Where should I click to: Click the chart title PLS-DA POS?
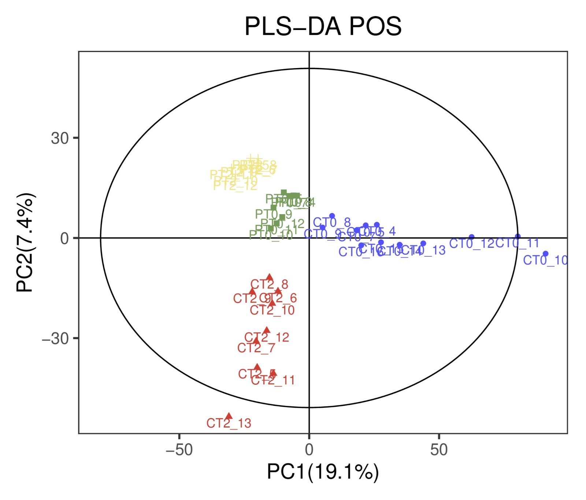coord(323,26)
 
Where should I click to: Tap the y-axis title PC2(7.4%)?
coord(26,242)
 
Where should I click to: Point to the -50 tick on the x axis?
coord(179,450)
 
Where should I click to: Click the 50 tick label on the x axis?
coord(439,450)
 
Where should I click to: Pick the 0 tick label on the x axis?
coord(309,450)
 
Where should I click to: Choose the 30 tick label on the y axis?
coord(60,138)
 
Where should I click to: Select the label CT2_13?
coord(229,423)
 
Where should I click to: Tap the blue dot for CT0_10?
coord(545,254)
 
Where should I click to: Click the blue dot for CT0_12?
coord(472,237)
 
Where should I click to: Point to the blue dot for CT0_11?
coord(518,236)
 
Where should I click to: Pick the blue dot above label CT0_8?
coord(332,216)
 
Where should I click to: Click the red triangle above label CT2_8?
coord(270,277)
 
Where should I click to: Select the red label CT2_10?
coord(272,310)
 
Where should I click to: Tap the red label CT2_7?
coord(256,348)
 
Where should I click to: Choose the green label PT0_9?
coord(273,214)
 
